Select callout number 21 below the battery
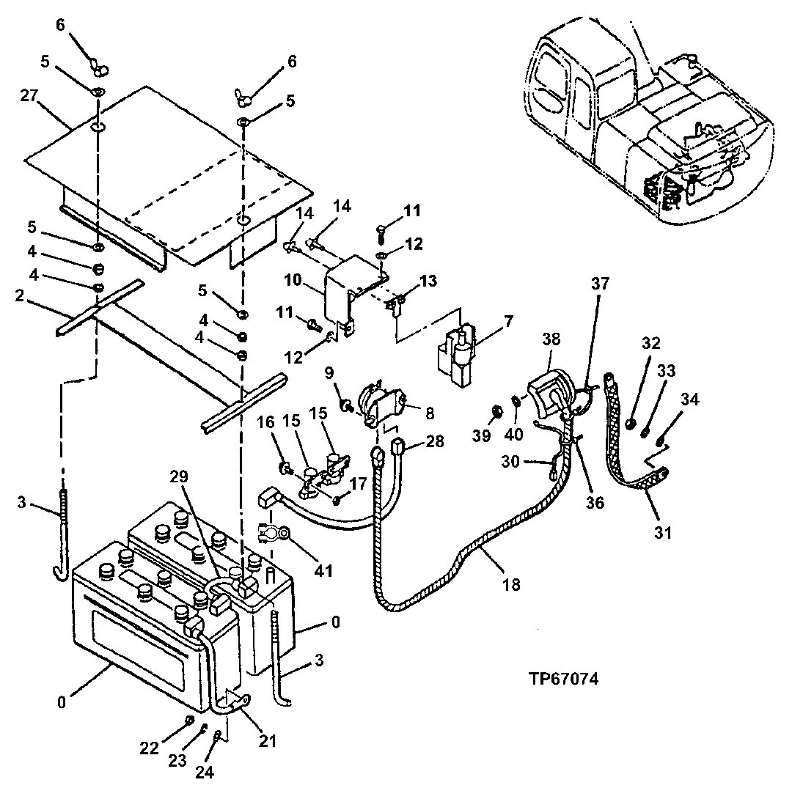point(267,741)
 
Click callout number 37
point(601,284)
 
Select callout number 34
point(690,399)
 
